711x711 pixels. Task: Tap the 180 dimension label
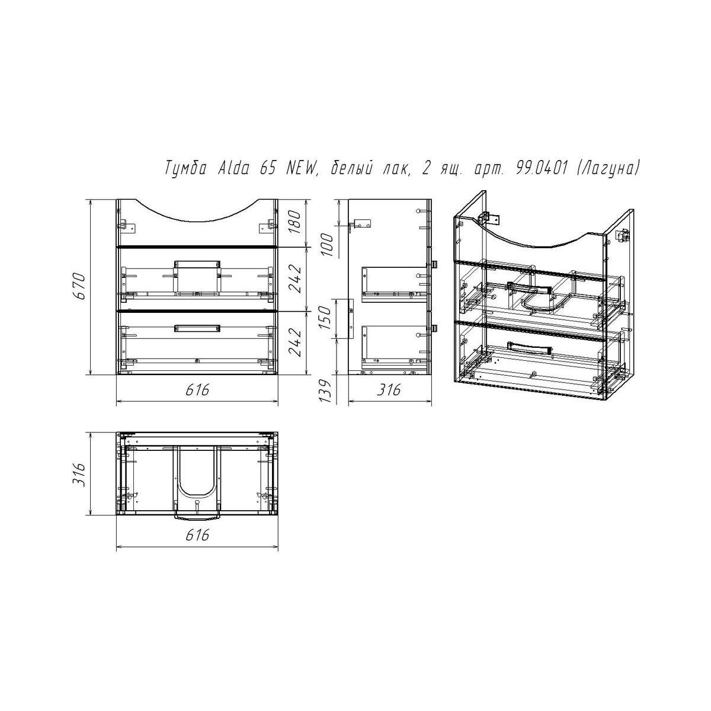point(295,223)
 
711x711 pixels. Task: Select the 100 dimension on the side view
point(328,245)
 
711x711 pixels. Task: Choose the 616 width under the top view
point(197,534)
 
